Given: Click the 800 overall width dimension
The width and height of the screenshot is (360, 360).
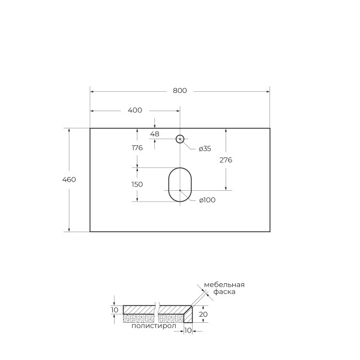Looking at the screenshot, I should [180, 91].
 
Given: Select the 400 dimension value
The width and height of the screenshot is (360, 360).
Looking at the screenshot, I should [135, 110].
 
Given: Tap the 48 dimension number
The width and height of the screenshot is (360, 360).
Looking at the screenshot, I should [154, 134].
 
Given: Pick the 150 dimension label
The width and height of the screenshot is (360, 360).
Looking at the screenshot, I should [137, 184].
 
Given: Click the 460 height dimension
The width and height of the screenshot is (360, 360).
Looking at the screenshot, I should [70, 179].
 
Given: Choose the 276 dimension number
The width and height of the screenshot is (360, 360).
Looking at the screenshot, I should [226, 160].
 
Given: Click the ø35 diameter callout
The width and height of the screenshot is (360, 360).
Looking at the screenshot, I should [205, 149].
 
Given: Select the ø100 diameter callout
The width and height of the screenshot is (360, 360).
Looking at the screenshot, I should [207, 200].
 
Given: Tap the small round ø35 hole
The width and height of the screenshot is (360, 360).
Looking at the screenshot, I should [179, 139].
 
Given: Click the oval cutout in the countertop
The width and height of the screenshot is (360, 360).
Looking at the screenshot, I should [179, 184].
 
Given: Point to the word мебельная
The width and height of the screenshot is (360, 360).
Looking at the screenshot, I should [224, 284].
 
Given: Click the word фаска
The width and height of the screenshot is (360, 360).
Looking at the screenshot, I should [224, 292].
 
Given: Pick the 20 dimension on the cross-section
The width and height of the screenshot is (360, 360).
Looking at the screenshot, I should [204, 314].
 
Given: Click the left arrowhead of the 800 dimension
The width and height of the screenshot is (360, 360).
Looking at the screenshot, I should [92, 91].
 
